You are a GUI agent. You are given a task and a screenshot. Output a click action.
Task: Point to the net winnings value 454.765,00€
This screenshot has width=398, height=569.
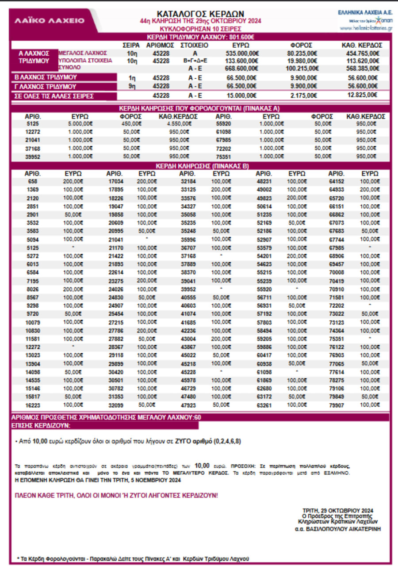[x=362, y=53]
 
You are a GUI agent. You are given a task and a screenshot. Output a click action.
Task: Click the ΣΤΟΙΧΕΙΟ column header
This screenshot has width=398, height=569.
[x=195, y=45]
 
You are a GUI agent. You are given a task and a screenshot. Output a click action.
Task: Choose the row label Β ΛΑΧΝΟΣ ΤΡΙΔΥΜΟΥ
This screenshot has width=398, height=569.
[x=40, y=77]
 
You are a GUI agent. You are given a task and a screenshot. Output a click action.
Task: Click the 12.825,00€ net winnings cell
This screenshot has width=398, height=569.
[x=362, y=95]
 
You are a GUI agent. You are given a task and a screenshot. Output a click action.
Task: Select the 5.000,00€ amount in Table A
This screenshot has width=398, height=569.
[x=80, y=124]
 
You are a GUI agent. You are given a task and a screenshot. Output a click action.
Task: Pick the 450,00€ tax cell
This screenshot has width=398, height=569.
[x=131, y=124]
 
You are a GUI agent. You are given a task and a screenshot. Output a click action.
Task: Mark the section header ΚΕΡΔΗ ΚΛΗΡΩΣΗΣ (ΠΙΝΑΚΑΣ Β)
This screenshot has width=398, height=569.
[x=200, y=166]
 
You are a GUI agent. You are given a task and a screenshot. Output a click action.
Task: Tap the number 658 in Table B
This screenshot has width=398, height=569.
[x=33, y=181]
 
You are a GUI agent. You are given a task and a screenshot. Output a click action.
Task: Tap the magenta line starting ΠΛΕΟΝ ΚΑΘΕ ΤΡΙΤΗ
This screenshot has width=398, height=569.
[x=116, y=495]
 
